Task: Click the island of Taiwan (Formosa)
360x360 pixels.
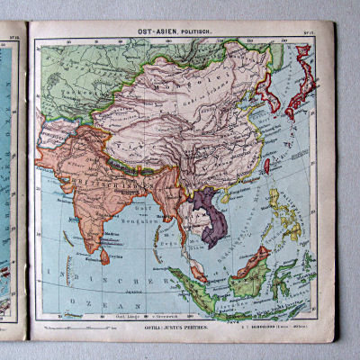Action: click(x=267, y=166)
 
